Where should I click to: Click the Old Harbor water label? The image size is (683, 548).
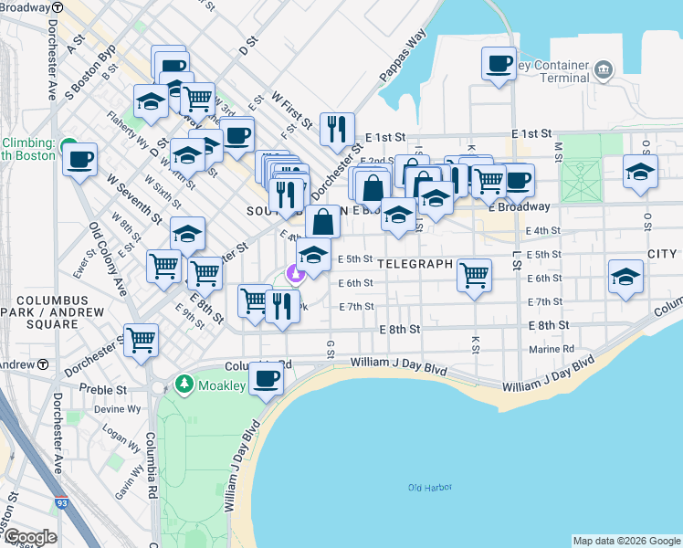point(429,488)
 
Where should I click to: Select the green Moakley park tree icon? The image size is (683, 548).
point(184,385)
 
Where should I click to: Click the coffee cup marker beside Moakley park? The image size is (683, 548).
point(267,379)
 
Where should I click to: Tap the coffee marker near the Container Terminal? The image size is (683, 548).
point(499,65)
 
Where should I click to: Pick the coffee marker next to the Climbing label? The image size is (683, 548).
point(80,160)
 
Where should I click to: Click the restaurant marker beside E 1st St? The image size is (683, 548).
point(339,129)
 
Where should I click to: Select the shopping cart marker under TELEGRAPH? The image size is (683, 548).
point(474,275)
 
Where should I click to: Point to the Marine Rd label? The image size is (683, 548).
point(552,349)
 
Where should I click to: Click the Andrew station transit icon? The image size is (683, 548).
point(43,364)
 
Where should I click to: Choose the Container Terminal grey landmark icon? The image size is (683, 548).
point(603,69)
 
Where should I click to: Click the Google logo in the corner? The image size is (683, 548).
point(29,537)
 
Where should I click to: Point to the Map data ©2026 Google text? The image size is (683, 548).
point(625,541)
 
